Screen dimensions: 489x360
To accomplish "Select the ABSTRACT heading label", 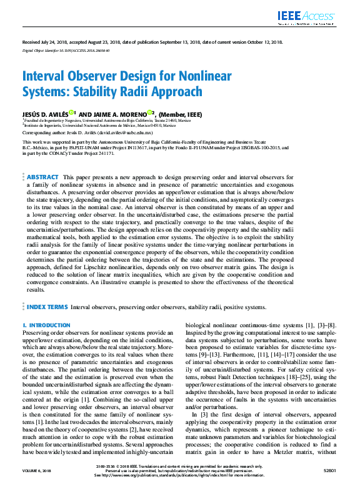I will pos(42,160).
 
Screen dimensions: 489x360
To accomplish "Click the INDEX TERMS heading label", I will pos(46,307).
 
